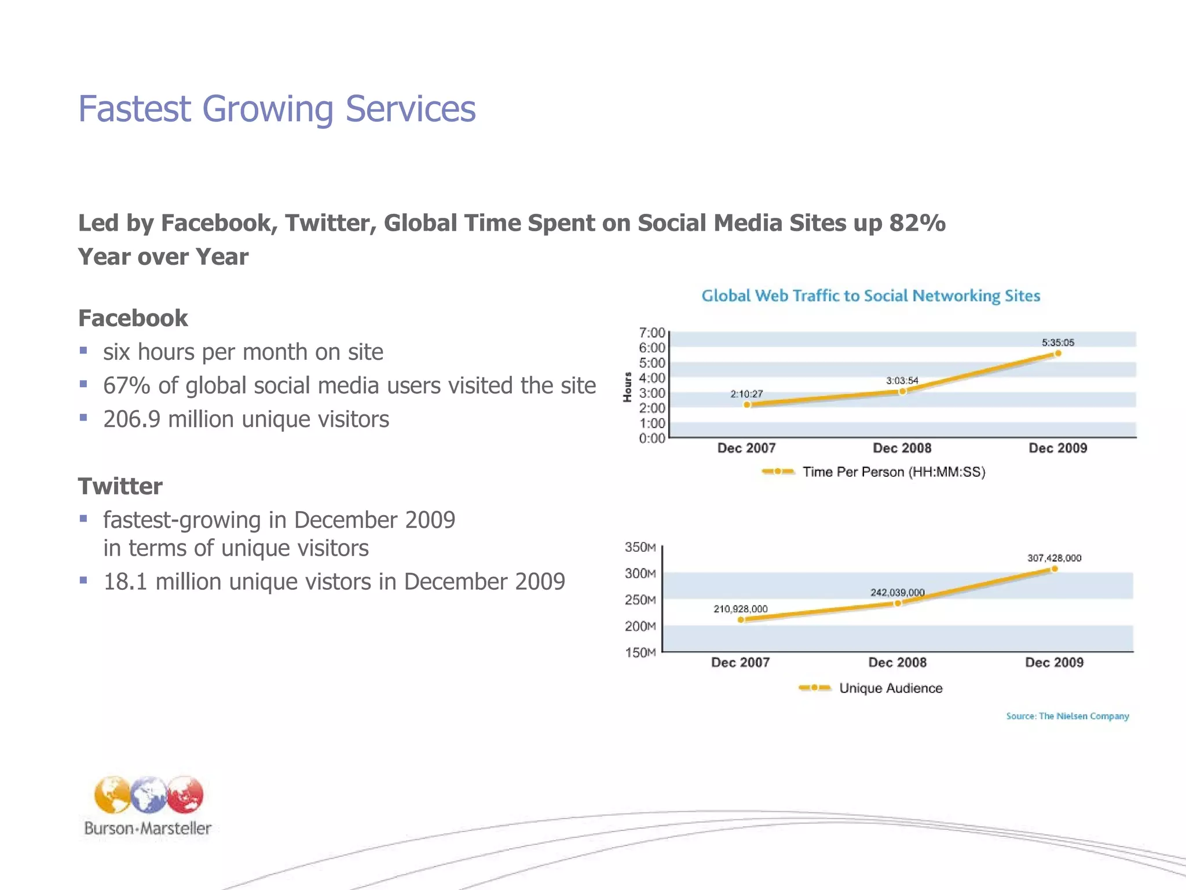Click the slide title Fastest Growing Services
pyautogui.click(x=277, y=109)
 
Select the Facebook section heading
pyautogui.click(x=133, y=318)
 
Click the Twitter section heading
pyautogui.click(x=120, y=486)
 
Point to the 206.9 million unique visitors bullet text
pyautogui.click(x=246, y=419)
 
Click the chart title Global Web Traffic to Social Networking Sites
pyautogui.click(x=870, y=296)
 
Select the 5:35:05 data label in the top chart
pyautogui.click(x=1057, y=342)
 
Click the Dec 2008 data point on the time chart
pyautogui.click(x=902, y=392)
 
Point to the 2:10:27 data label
pyautogui.click(x=746, y=394)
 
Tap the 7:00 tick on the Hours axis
pyautogui.click(x=651, y=333)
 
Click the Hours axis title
pyautogui.click(x=627, y=387)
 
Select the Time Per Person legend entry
pyautogui.click(x=893, y=472)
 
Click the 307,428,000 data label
pyautogui.click(x=1054, y=558)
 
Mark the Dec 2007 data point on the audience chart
pyautogui.click(x=741, y=620)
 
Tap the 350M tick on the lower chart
pyautogui.click(x=640, y=548)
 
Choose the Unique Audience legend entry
pyautogui.click(x=890, y=688)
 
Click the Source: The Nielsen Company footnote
pyautogui.click(x=1067, y=716)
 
